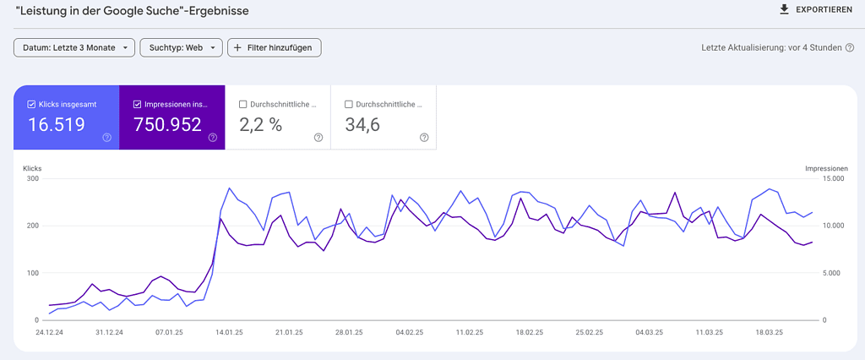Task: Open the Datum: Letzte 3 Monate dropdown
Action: point(74,47)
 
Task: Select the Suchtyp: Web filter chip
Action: point(181,47)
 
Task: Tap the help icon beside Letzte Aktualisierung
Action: point(849,47)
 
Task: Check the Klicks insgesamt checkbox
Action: point(31,105)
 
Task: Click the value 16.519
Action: point(57,125)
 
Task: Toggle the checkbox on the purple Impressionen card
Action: point(138,105)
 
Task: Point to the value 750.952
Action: point(167,125)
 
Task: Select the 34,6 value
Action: point(362,125)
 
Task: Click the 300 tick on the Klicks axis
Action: point(33,178)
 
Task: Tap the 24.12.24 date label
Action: point(49,333)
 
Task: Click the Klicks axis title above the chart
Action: point(32,168)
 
